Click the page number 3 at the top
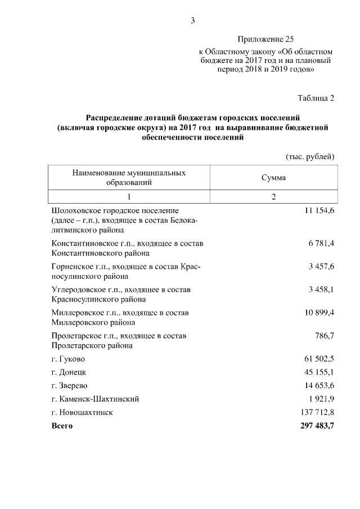(x=192, y=21)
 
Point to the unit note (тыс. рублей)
(x=309, y=156)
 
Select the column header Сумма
(x=273, y=177)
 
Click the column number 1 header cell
(x=129, y=196)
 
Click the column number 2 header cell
(x=273, y=196)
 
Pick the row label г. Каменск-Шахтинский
(x=95, y=399)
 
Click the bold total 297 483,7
(x=314, y=426)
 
